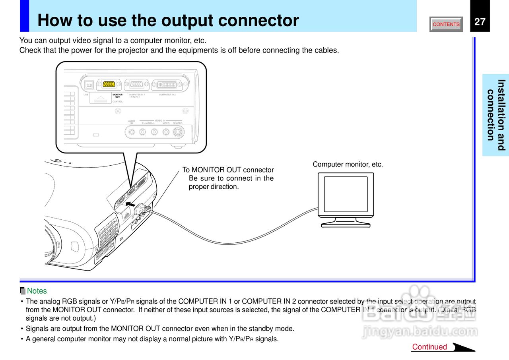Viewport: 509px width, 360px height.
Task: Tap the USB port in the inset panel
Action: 89,85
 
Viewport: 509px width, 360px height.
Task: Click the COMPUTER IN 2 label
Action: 167,95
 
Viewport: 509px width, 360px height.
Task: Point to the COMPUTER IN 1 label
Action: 136,95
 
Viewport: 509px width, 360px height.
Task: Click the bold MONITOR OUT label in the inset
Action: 117,96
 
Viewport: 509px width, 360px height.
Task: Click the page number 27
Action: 480,21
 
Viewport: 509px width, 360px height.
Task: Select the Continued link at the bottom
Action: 429,347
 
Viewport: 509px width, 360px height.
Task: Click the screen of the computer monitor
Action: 346,194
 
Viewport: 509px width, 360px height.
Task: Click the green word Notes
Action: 37,291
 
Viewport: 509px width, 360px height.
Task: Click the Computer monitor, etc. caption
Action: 348,164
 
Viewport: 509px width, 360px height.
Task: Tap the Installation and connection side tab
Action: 495,115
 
